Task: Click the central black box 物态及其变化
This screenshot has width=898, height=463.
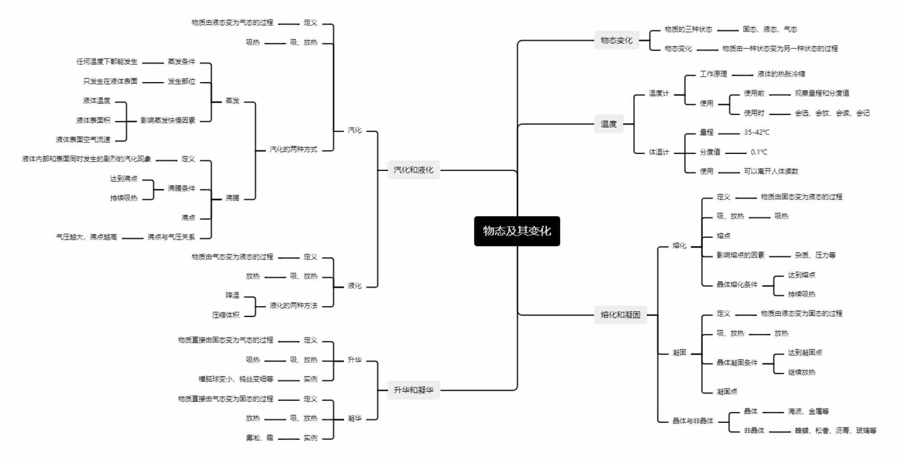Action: point(517,231)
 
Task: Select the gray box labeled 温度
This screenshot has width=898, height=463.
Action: point(608,124)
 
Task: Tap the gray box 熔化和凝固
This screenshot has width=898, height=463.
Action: point(620,315)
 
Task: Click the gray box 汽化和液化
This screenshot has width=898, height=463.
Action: point(414,170)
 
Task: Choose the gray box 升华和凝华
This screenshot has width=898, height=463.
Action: point(414,390)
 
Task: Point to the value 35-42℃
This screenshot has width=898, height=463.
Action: point(757,133)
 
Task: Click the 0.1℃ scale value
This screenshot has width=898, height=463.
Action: point(758,152)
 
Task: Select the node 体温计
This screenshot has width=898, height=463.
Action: point(659,152)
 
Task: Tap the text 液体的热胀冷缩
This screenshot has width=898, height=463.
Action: point(781,74)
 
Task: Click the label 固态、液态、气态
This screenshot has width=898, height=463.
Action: point(770,29)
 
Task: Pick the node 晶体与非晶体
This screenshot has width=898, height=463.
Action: point(693,421)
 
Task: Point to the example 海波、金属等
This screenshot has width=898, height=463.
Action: point(808,411)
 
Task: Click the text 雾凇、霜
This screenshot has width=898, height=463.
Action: point(259,438)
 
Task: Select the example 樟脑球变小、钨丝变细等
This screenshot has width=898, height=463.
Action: point(236,379)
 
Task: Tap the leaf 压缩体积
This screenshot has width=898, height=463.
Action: point(226,315)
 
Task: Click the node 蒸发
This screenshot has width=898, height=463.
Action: point(232,101)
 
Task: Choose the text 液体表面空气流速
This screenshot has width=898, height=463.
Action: point(83,140)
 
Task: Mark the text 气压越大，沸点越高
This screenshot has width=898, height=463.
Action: point(86,237)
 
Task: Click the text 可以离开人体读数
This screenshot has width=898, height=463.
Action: point(771,171)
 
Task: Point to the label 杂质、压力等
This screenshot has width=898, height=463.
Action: point(815,255)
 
